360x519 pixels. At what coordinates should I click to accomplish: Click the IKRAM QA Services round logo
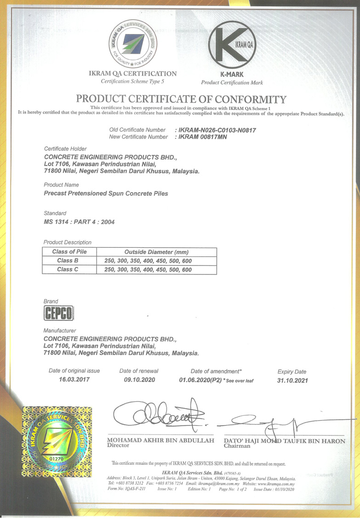132,44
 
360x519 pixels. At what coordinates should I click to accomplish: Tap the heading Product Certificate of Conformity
181,99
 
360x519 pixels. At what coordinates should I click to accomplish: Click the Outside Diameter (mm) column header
156,252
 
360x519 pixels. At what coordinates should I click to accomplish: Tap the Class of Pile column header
69,252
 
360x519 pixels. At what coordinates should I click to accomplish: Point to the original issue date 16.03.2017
74,380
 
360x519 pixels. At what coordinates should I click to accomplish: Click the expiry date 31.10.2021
292,380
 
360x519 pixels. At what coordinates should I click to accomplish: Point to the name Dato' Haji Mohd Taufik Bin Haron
284,441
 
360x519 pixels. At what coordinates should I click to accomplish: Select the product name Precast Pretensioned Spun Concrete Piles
106,194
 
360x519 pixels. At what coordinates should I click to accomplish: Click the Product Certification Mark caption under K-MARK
232,83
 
